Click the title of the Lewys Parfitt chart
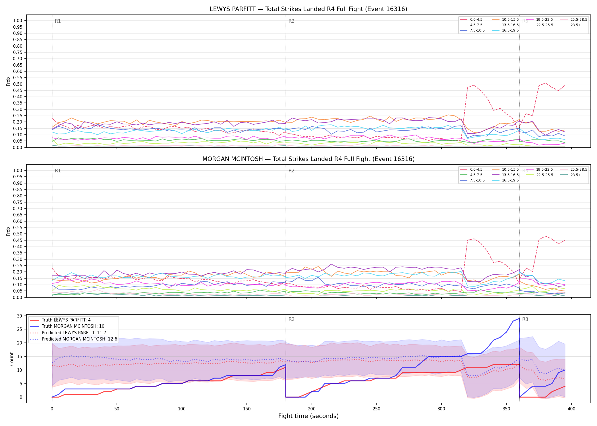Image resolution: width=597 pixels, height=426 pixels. pos(308,9)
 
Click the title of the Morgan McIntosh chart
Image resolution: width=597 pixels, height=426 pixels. pos(308,159)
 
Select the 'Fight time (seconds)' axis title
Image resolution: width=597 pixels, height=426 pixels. pos(308,416)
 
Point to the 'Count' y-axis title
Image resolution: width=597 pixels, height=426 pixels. pos(12,359)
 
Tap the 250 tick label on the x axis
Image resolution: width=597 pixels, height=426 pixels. pos(376,409)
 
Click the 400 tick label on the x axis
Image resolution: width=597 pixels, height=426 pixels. pos(571,409)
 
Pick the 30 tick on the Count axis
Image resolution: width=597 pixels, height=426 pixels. pos(20,316)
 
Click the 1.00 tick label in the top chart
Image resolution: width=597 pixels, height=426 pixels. pos(18,20)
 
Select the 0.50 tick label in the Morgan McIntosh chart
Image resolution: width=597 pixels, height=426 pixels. pos(18,234)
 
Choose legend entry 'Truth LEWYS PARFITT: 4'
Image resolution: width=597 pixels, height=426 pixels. pos(66,320)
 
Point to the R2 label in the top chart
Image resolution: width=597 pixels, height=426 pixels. pos(291,21)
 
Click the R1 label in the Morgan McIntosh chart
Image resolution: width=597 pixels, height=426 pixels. pos(58,171)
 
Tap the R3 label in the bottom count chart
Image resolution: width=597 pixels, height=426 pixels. pos(525,319)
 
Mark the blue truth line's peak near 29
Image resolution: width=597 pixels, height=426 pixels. pos(519,318)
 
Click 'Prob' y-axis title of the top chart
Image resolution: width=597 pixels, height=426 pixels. pos(8,82)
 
